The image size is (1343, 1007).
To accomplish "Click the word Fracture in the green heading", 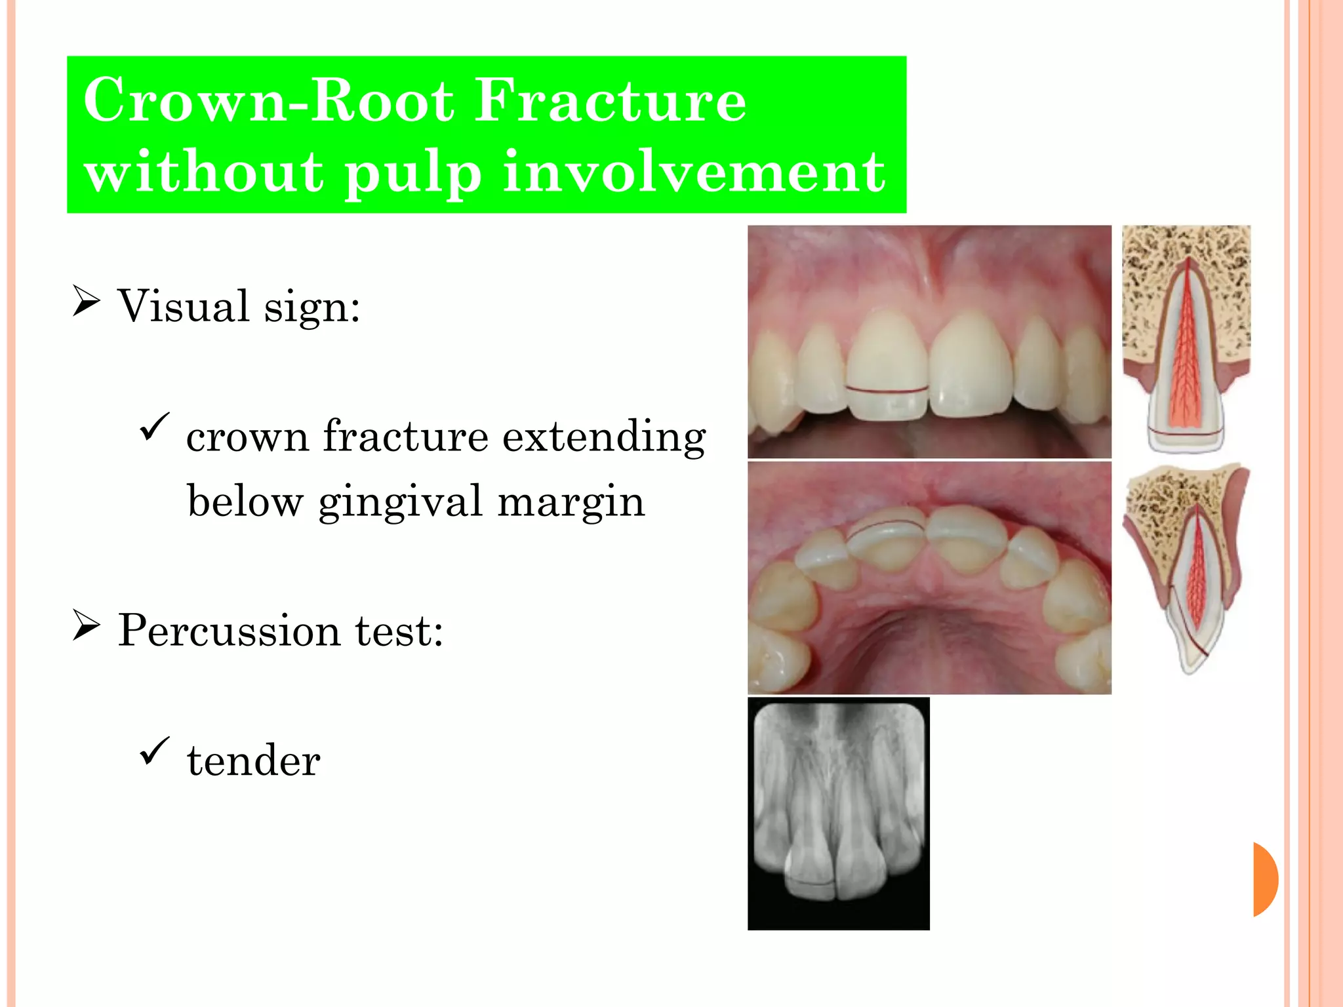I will (610, 102).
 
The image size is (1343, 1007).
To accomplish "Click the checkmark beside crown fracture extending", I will (155, 427).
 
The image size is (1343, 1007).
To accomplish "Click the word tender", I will (254, 761).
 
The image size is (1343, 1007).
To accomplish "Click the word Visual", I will (183, 306).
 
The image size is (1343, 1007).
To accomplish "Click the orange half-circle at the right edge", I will (1265, 879).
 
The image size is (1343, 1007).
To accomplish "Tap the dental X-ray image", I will (838, 813).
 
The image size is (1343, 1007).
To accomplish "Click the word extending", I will (604, 437).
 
